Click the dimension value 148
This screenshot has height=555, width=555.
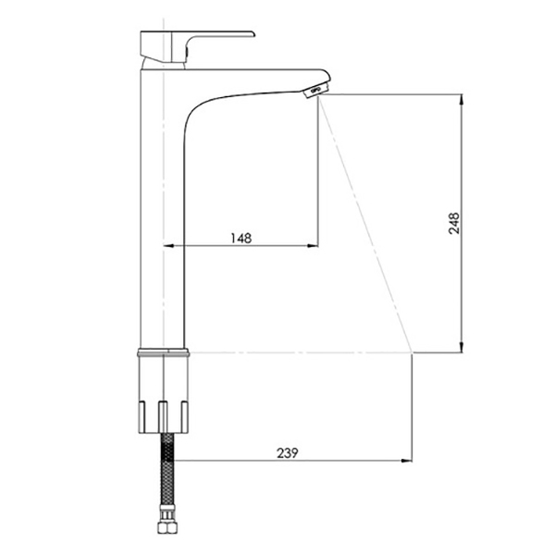coord(241,239)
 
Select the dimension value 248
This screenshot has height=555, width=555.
coord(454,223)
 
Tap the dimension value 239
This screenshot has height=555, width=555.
coord(288,453)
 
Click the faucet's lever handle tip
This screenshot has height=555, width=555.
coord(253,34)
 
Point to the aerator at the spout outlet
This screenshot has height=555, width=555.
coord(313,91)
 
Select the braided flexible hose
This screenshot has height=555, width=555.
coord(167,471)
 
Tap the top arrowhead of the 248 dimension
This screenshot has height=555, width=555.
coord(462,99)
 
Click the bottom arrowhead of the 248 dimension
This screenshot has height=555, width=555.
coord(462,347)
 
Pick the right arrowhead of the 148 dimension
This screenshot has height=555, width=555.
coord(313,246)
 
